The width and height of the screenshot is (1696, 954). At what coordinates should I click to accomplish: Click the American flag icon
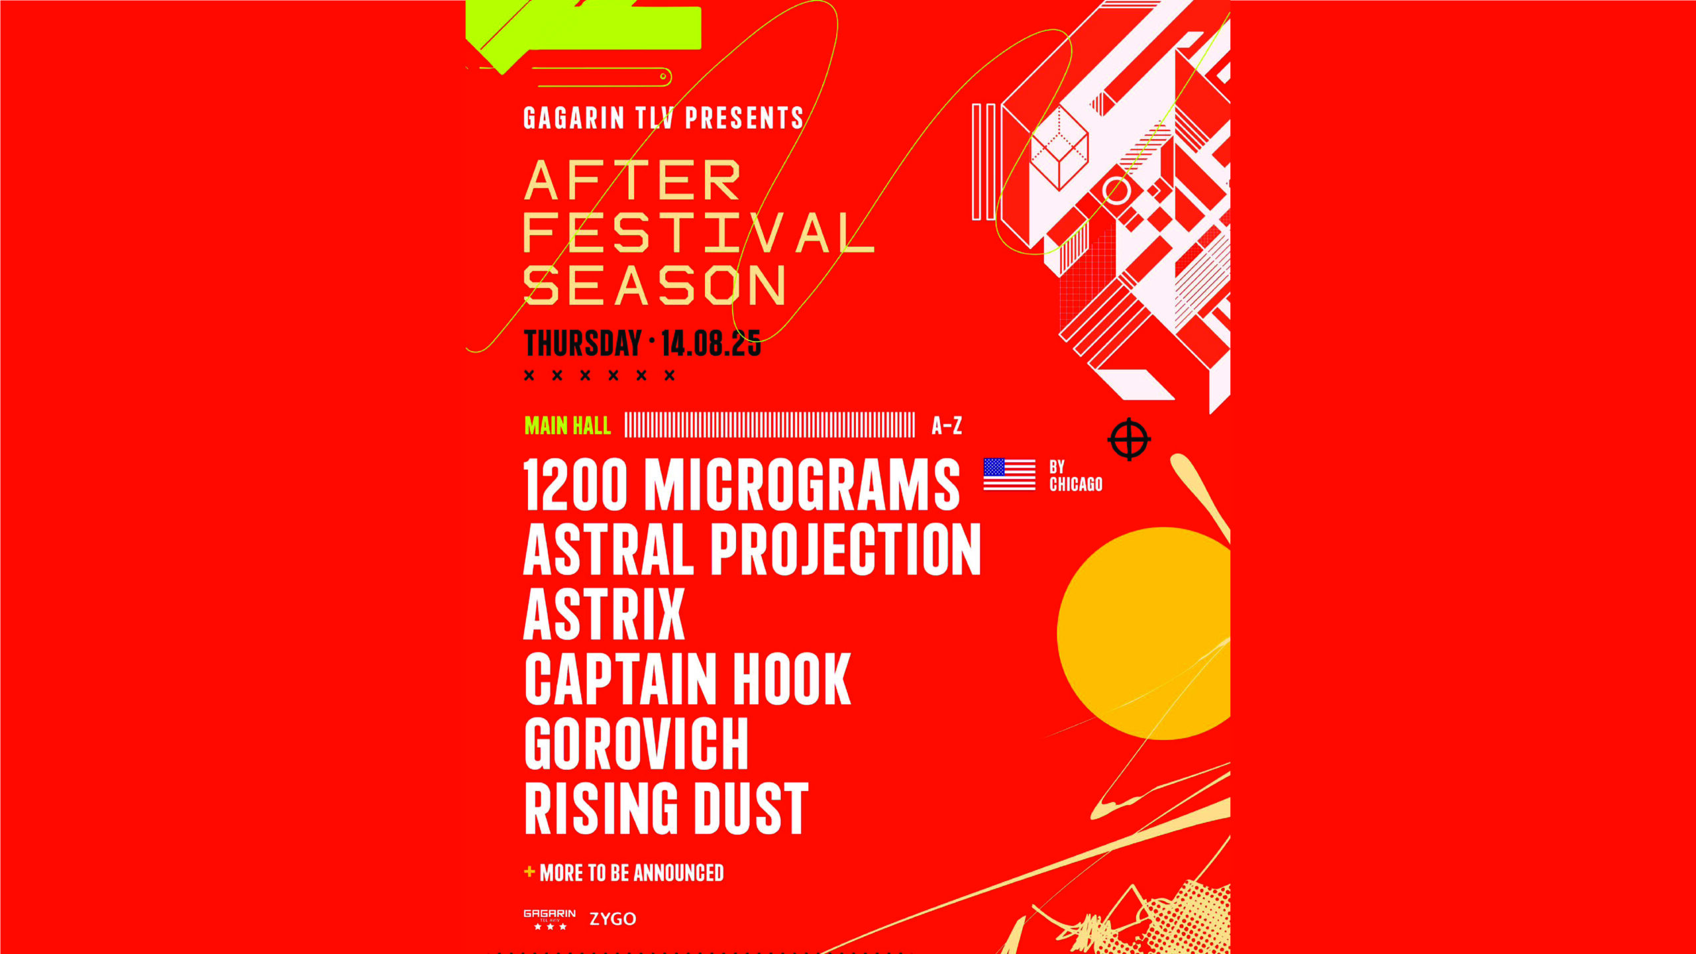[1009, 474]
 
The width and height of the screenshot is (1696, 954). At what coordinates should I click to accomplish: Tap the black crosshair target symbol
[1129, 439]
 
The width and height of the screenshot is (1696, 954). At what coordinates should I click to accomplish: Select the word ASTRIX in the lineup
[604, 614]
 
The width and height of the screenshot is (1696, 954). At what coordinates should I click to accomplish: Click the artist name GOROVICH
[636, 743]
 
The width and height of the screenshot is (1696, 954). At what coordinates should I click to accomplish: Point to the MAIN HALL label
[568, 425]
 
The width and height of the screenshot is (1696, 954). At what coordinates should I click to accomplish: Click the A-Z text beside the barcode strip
[947, 425]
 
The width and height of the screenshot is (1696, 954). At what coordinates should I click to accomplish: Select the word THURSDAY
[583, 343]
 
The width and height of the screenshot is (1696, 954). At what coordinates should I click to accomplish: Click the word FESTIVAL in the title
[699, 233]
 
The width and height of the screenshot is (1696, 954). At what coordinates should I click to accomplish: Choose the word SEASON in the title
[655, 286]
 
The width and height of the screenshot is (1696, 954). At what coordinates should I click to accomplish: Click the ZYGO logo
[613, 919]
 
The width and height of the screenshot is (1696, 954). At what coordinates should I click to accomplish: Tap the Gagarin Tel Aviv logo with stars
[550, 919]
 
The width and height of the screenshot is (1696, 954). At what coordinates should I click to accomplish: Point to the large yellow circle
[1143, 633]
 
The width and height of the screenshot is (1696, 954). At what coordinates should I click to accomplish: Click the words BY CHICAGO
[1076, 476]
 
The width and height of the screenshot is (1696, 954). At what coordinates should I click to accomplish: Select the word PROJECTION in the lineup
[846, 549]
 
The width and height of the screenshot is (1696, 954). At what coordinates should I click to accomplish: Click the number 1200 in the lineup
[575, 485]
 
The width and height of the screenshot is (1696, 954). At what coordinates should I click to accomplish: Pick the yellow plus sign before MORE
[529, 871]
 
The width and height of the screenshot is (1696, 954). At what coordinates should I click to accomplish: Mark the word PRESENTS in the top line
[744, 118]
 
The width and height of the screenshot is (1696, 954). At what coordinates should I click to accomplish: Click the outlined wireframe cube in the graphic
[1059, 148]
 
